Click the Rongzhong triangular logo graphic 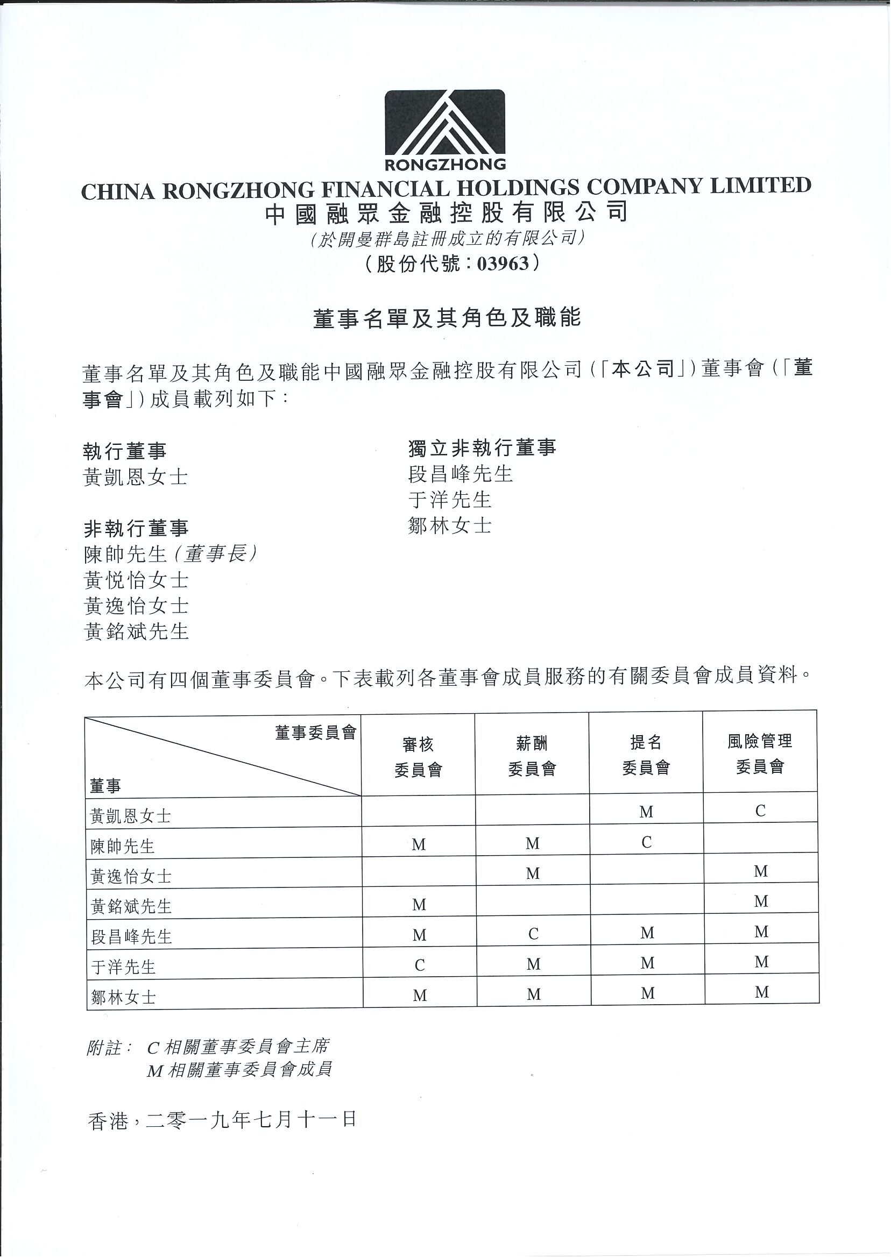pos(444,123)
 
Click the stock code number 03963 pos(503,264)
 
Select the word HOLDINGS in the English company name pos(518,188)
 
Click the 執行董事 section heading pos(124,451)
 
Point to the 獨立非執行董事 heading pos(482,448)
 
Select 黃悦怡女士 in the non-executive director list pos(136,580)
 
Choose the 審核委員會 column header pos(418,757)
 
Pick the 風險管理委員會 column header pos(760,754)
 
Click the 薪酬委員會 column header pos(532,756)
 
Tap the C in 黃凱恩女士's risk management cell pos(760,811)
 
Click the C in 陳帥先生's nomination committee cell pos(646,842)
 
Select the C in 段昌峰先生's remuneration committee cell pos(533,934)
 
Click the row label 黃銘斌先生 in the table pos(132,906)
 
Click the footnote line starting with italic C pos(238,1046)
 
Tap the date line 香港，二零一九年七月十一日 pos(222,1119)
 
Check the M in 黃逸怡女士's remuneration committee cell pos(533,873)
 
